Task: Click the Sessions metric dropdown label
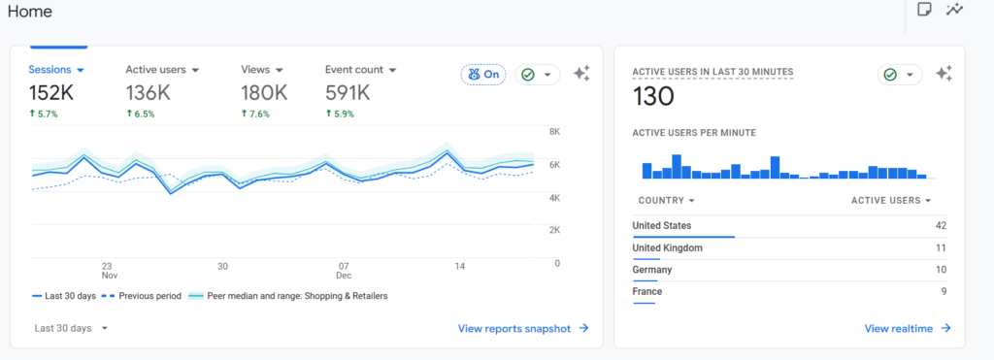pyautogui.click(x=56, y=70)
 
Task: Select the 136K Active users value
pyautogui.click(x=148, y=93)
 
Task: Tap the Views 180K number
pyautogui.click(x=264, y=93)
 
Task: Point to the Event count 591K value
pyautogui.click(x=348, y=93)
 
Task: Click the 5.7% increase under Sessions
pyautogui.click(x=43, y=115)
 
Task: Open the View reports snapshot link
pyautogui.click(x=523, y=328)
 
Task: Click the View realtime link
pyautogui.click(x=908, y=328)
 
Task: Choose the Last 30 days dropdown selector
pyautogui.click(x=71, y=328)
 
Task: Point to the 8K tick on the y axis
pyautogui.click(x=554, y=132)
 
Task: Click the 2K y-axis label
pyautogui.click(x=554, y=229)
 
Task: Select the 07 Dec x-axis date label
pyautogui.click(x=344, y=271)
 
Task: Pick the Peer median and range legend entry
pyautogui.click(x=288, y=296)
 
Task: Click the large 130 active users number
pyautogui.click(x=653, y=96)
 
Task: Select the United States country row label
pyautogui.click(x=662, y=226)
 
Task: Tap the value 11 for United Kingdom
pyautogui.click(x=941, y=247)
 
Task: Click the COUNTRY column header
pyautogui.click(x=667, y=200)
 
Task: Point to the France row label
pyautogui.click(x=647, y=291)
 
